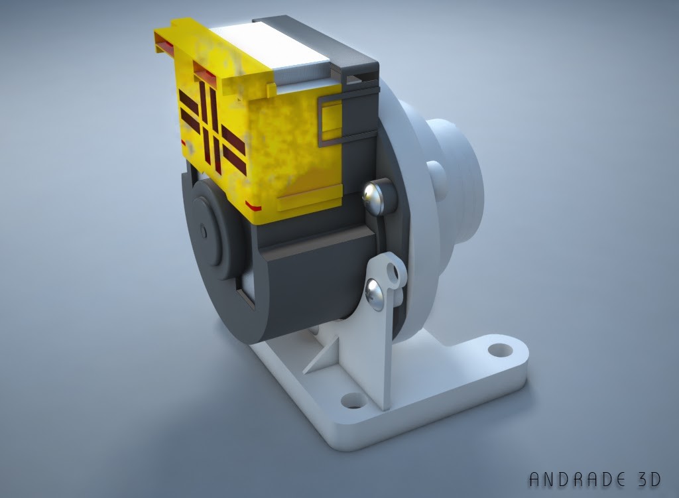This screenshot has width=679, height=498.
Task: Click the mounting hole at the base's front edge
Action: (351, 401)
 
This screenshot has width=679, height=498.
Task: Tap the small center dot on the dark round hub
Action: (203, 231)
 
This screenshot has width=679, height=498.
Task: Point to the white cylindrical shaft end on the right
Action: (458, 172)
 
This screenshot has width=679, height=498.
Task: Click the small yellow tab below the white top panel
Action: (269, 88)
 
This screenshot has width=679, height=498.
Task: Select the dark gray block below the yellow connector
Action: (312, 279)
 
